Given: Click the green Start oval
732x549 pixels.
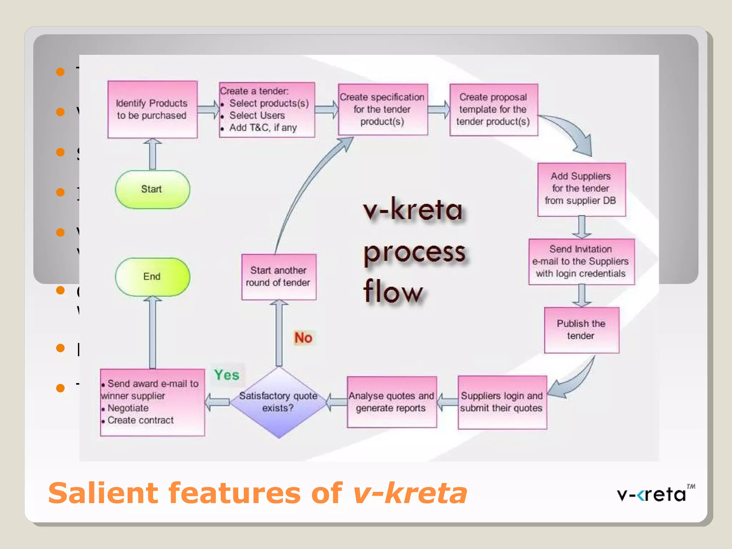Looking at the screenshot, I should point(152,189).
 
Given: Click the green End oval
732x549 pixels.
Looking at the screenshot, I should point(152,277).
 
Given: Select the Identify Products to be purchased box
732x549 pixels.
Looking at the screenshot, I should point(152,109).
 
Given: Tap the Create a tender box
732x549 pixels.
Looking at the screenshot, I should point(267,109).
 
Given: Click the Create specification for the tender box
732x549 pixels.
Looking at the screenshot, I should point(382,109).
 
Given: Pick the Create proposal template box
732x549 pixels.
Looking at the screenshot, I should point(493,109).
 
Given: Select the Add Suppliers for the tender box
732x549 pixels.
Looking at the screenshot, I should point(581,189).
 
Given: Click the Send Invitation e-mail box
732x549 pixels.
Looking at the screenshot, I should point(581,261).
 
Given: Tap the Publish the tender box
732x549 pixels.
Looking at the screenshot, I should point(581,330).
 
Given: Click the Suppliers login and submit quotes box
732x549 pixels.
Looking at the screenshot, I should point(502,402).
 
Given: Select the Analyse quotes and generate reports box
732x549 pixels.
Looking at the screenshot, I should point(391,402).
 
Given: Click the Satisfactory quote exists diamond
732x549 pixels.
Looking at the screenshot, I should point(278,402).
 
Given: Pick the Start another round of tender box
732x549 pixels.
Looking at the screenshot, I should point(278,277).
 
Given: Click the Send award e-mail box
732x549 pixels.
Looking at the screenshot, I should point(152,402).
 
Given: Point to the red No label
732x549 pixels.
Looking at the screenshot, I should point(303,338).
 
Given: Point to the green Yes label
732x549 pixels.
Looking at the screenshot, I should point(227,375).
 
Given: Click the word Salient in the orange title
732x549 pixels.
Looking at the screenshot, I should point(103,493).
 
